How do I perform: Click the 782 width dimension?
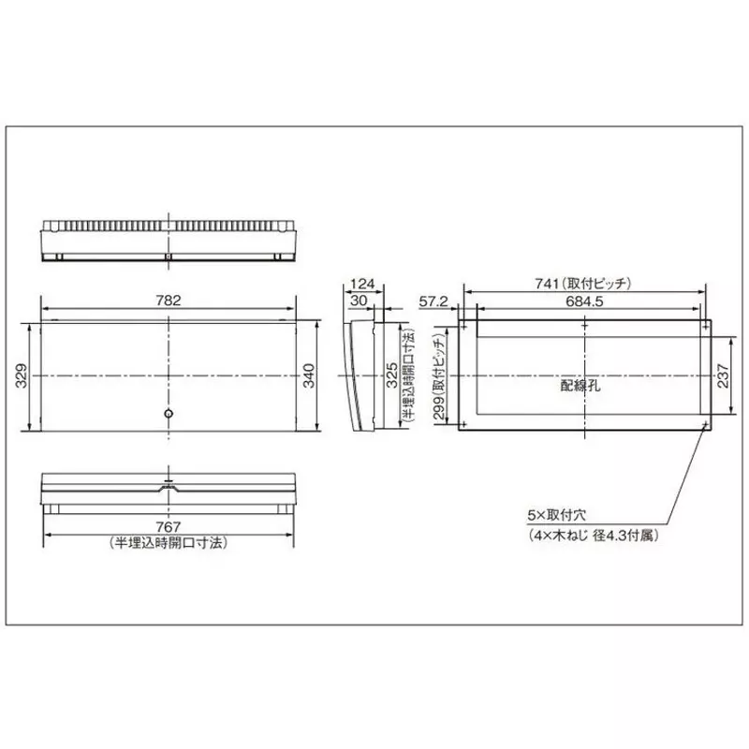[169, 301]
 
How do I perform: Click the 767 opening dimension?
[169, 527]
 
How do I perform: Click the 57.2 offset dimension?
[433, 301]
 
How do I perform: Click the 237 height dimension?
[722, 374]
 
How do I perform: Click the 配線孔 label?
[579, 383]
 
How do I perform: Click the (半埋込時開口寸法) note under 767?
[169, 542]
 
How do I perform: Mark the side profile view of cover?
[359, 374]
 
